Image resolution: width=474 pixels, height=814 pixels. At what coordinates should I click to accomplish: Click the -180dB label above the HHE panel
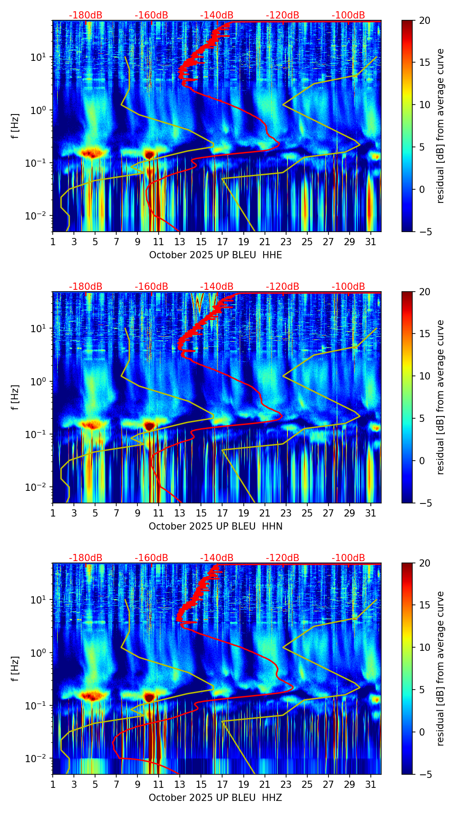86,15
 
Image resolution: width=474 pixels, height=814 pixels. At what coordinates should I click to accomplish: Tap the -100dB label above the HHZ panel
348,558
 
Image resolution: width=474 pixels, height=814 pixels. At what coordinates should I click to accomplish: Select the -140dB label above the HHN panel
217,287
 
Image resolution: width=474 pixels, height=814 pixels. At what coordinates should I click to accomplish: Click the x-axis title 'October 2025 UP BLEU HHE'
215,255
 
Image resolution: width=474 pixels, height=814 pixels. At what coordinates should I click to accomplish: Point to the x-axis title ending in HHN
215,526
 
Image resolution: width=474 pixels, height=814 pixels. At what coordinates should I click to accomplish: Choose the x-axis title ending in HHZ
215,798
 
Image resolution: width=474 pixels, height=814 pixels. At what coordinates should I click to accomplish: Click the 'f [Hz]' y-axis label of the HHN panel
16,397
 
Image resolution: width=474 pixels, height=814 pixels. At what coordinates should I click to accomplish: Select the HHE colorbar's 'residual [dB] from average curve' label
441,126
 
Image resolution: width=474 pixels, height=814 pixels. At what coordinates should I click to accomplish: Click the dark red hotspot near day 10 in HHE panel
149,154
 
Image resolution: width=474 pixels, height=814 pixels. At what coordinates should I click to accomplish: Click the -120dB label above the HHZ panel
283,558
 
